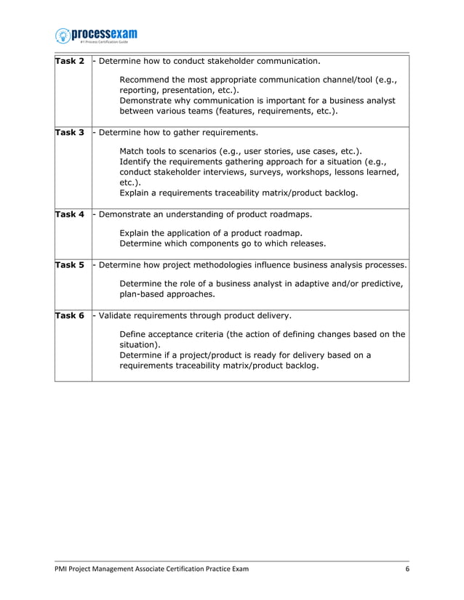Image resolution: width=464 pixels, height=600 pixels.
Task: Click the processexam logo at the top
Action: [96, 35]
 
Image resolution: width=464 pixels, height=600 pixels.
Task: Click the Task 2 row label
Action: [70, 61]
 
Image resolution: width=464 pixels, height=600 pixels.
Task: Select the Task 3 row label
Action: [70, 133]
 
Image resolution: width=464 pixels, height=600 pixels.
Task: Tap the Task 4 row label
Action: [70, 214]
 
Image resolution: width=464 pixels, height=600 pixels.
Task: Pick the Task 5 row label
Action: [70, 265]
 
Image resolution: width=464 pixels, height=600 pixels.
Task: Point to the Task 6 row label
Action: [70, 316]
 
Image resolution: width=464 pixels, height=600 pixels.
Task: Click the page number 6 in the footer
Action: [407, 569]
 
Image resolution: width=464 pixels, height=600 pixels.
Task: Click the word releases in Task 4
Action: [305, 243]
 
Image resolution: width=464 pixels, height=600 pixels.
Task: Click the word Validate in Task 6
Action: [118, 316]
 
